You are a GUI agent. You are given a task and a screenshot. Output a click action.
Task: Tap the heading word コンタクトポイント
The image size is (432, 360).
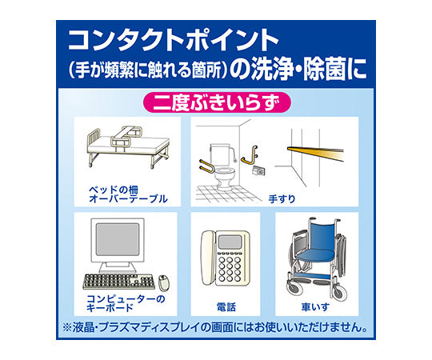174,40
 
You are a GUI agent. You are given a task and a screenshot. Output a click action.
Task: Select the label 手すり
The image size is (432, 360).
282,198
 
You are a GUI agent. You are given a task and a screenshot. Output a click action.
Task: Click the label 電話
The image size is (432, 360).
226,307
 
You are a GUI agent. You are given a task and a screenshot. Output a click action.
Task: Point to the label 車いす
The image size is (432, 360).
315,307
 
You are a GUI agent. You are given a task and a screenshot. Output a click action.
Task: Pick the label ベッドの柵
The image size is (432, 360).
114,190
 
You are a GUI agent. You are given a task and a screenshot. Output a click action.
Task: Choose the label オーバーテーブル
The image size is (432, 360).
128,199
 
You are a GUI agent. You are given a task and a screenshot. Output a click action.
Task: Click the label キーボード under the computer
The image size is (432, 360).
110,308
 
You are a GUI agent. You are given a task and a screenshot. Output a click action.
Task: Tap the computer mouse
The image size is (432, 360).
164,282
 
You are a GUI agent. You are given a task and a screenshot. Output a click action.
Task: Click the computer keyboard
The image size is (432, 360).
118,282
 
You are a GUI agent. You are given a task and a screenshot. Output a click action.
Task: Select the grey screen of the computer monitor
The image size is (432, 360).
118,240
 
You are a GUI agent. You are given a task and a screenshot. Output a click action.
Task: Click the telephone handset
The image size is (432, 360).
207,258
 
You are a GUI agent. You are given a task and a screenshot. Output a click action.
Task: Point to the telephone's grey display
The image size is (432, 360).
230,242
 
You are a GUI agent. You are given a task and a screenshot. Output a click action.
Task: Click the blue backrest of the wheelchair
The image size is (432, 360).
322,235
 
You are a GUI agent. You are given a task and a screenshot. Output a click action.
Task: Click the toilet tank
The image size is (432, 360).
219,154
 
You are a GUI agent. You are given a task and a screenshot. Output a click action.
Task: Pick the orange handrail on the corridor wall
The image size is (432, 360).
315,153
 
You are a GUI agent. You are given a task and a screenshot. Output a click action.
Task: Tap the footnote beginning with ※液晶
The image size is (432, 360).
215,327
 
